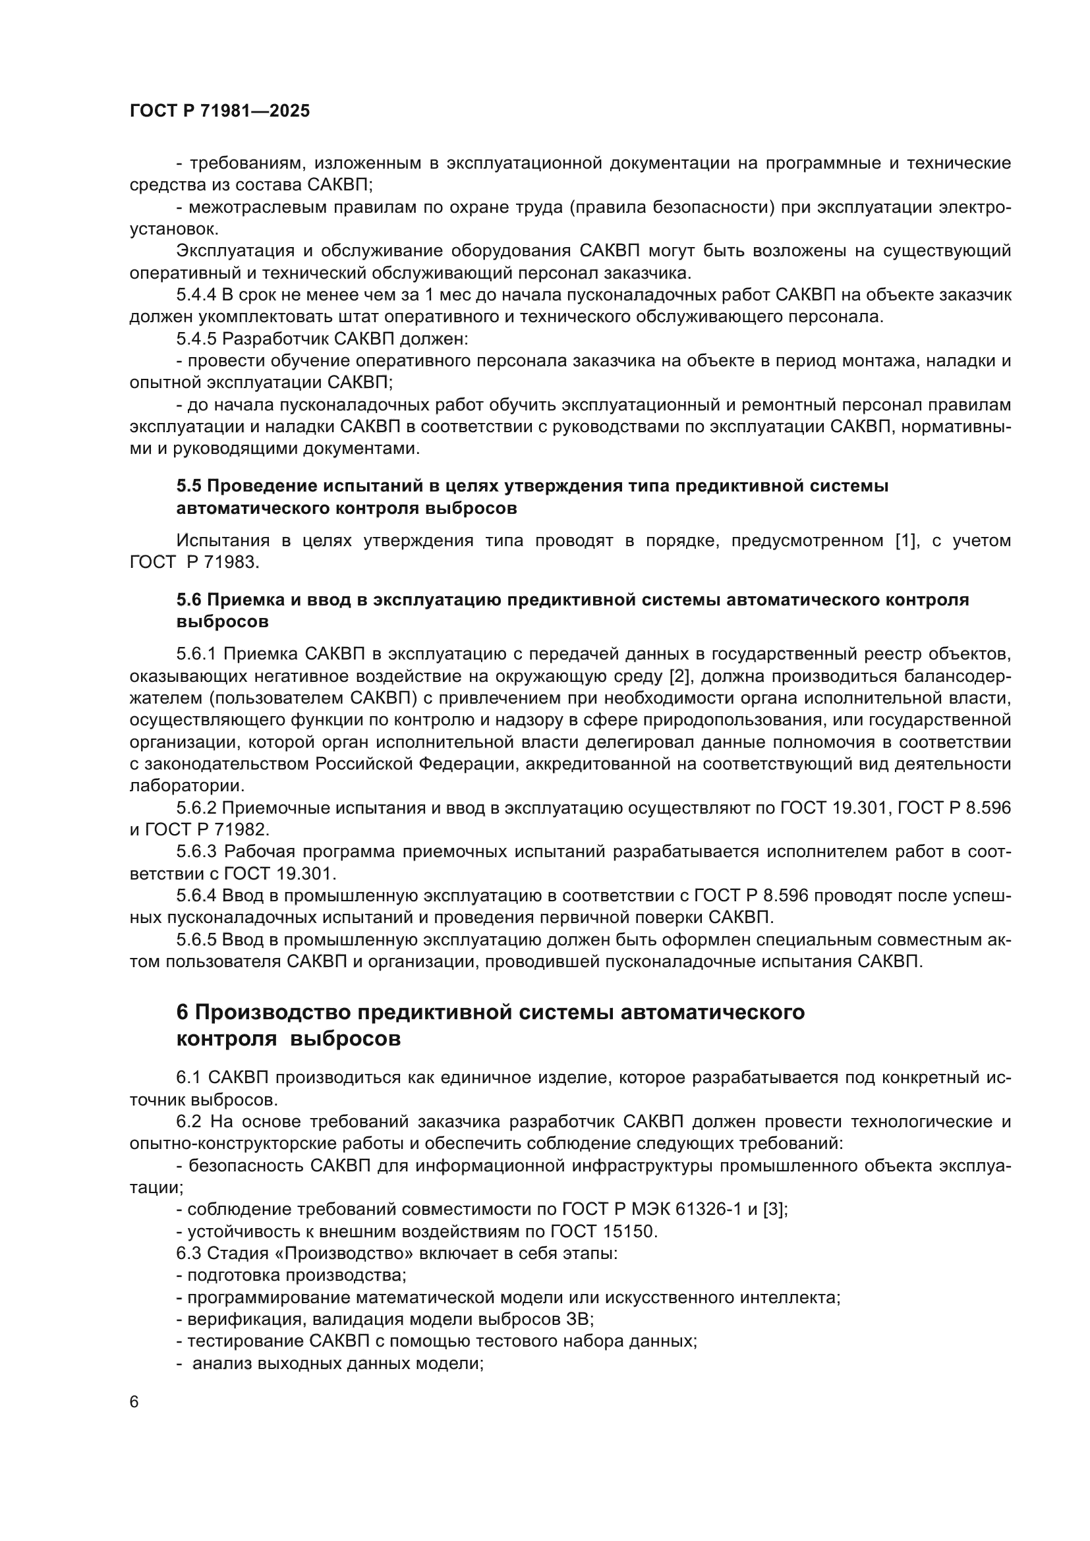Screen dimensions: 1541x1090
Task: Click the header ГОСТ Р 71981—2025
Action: pos(219,111)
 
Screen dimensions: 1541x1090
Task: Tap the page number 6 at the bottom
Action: pos(134,1401)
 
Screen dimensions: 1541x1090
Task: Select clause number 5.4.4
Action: pos(196,295)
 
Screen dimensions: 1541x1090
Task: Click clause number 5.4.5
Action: pos(196,339)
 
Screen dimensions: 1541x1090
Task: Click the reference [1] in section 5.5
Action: pos(906,541)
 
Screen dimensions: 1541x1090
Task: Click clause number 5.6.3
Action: pos(196,852)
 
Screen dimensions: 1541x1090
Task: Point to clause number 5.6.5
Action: pos(196,940)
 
